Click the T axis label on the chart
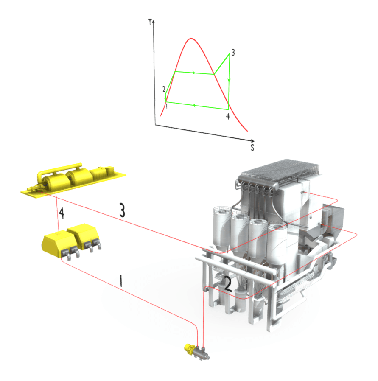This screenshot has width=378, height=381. (150, 22)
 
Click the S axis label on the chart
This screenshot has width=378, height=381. (252, 148)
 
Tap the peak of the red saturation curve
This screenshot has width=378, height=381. (191, 39)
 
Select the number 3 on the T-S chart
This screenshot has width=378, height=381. (233, 53)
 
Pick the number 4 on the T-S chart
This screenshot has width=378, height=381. (228, 116)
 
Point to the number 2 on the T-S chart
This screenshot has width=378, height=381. (163, 89)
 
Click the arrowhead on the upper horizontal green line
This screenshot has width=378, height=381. (194, 73)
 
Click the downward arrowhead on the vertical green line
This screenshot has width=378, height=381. (229, 80)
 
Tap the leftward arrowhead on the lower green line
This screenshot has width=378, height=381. (193, 105)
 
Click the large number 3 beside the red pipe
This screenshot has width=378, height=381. (122, 211)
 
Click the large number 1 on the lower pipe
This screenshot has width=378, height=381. (121, 281)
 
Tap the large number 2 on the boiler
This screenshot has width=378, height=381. (228, 284)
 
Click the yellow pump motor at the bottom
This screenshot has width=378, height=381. (187, 349)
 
